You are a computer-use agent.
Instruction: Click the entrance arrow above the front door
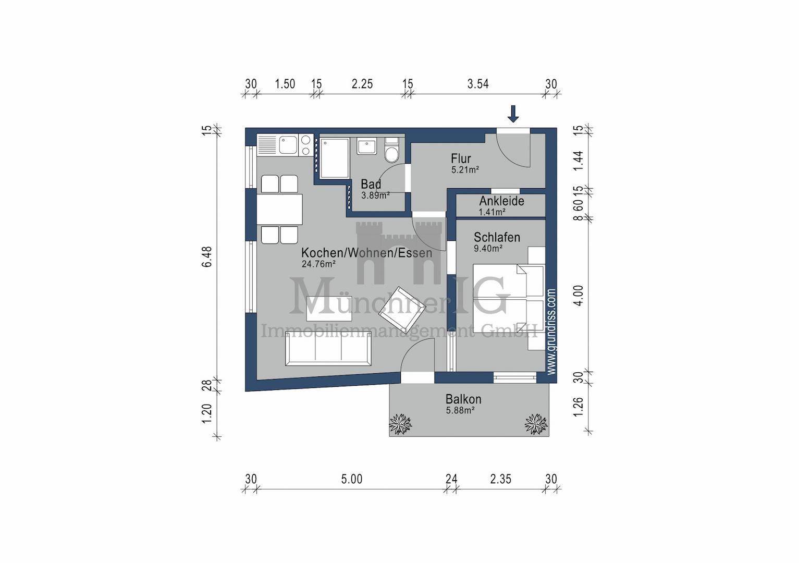pyautogui.click(x=513, y=114)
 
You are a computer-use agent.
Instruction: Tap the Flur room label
pyautogui.click(x=461, y=158)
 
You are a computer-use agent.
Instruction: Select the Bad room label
pyautogui.click(x=371, y=184)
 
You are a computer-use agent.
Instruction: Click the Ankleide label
pyautogui.click(x=501, y=201)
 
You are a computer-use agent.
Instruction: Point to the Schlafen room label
pyautogui.click(x=497, y=237)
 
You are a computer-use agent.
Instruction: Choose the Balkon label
pyautogui.click(x=463, y=399)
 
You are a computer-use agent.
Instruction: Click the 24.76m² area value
pyautogui.click(x=318, y=264)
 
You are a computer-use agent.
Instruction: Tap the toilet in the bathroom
pyautogui.click(x=391, y=151)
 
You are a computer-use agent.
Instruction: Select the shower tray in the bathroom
pyautogui.click(x=335, y=158)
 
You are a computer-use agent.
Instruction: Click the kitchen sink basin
pyautogui.click(x=288, y=145)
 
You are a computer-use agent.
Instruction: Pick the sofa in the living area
pyautogui.click(x=328, y=349)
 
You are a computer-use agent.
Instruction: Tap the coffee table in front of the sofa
pyautogui.click(x=329, y=309)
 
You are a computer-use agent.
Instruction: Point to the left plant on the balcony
pyautogui.click(x=400, y=424)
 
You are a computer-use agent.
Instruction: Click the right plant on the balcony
pyautogui.click(x=536, y=424)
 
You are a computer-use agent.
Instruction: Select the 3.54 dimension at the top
pyautogui.click(x=478, y=84)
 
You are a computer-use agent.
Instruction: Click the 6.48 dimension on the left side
pyautogui.click(x=207, y=256)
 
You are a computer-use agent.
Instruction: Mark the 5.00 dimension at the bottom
pyautogui.click(x=352, y=479)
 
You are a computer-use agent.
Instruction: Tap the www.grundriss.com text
pyautogui.click(x=551, y=332)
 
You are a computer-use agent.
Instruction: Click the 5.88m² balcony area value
pyautogui.click(x=460, y=410)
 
